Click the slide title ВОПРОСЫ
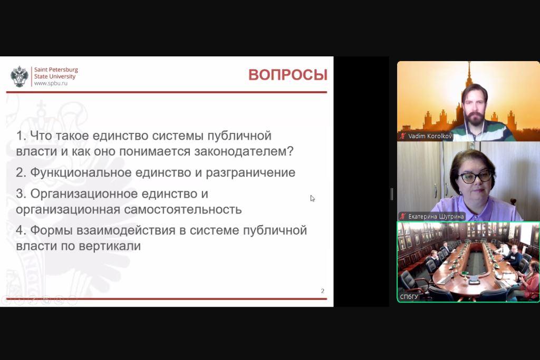(288, 75)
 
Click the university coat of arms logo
(20, 76)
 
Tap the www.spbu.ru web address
(51, 83)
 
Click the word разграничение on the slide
(250, 173)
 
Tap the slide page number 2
(322, 291)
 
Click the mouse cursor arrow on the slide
(312, 199)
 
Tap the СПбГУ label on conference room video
(409, 297)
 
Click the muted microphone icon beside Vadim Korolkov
(402, 136)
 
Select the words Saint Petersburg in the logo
(56, 70)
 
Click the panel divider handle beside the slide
(392, 194)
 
